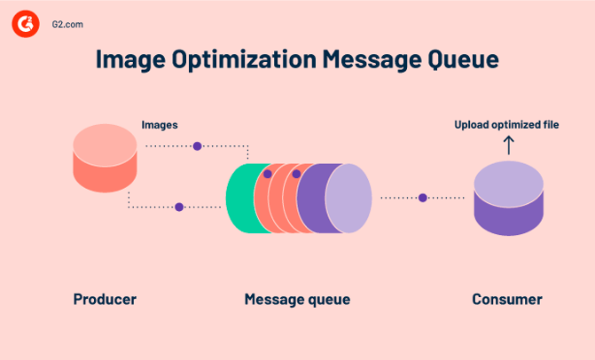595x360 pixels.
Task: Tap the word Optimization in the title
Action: [x=247, y=60]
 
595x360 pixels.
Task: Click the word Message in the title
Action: [x=364, y=60]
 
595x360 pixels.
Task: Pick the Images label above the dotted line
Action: [x=160, y=125]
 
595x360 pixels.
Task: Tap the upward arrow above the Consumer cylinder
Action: [x=508, y=145]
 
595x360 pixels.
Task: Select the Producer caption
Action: [x=105, y=300]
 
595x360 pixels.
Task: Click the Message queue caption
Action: [x=297, y=300]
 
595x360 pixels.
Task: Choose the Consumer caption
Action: [x=507, y=300]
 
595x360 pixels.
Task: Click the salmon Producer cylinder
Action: [x=105, y=160]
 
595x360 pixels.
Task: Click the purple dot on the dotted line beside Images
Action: [x=198, y=145]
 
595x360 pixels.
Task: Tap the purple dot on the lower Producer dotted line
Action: [x=179, y=207]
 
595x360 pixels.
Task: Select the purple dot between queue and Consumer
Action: [x=423, y=198]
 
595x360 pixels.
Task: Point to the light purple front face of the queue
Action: [x=348, y=199]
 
